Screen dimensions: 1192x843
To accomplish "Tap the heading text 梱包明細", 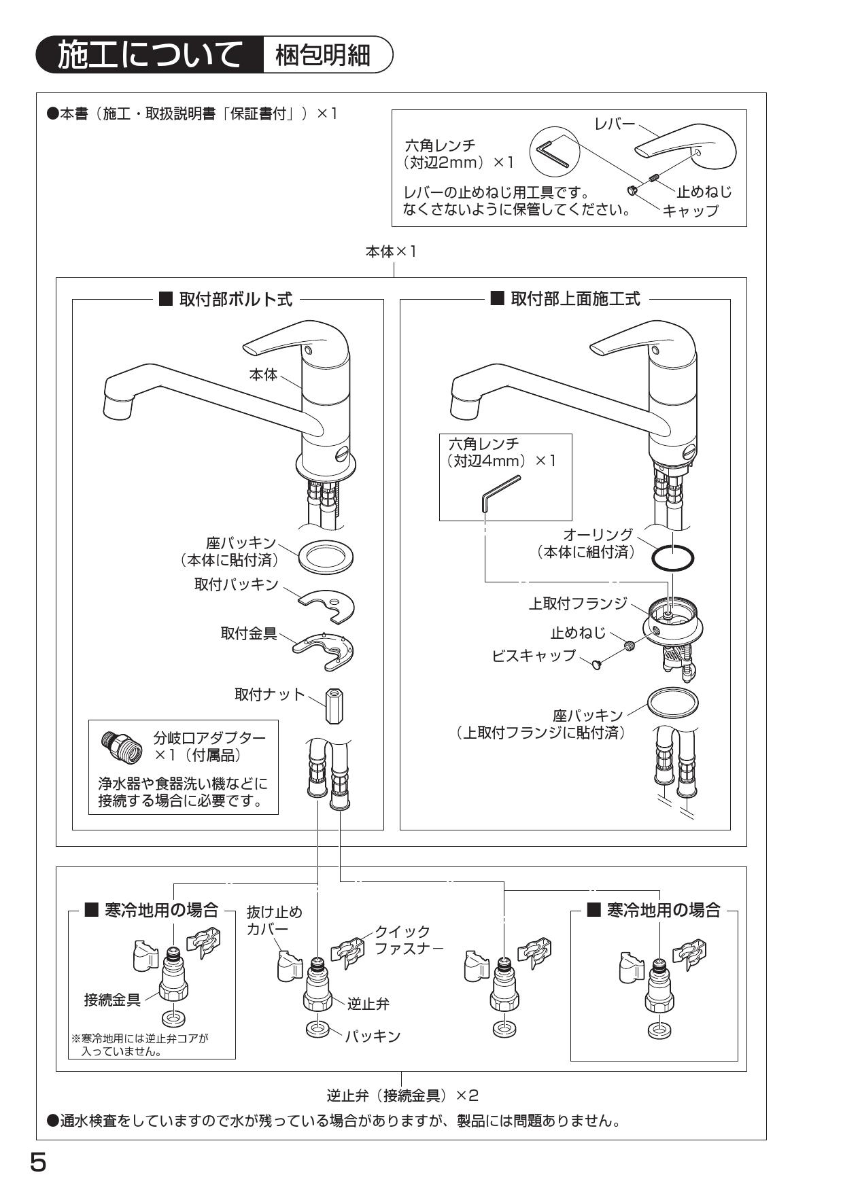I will pos(323,55).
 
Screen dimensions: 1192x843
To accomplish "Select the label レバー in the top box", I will pos(614,123).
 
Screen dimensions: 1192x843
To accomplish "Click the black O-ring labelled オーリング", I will pos(672,558).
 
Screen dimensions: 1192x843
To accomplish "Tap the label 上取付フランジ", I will pos(578,603).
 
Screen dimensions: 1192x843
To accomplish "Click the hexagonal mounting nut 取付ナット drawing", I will pos(334,706).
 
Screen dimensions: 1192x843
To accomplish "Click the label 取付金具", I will pos(249,633).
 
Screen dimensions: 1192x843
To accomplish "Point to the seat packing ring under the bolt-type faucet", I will pos(326,557).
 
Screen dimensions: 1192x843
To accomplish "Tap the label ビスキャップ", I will pos(534,656).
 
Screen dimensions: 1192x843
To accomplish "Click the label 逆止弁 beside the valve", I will pos(368,1003).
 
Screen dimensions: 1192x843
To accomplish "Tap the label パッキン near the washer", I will pos(372,1036).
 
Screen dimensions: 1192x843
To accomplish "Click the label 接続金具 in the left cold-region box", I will pos(112,999).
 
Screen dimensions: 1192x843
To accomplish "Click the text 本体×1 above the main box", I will pos(392,251).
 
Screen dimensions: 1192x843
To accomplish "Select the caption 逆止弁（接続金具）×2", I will pos(402,1095).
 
